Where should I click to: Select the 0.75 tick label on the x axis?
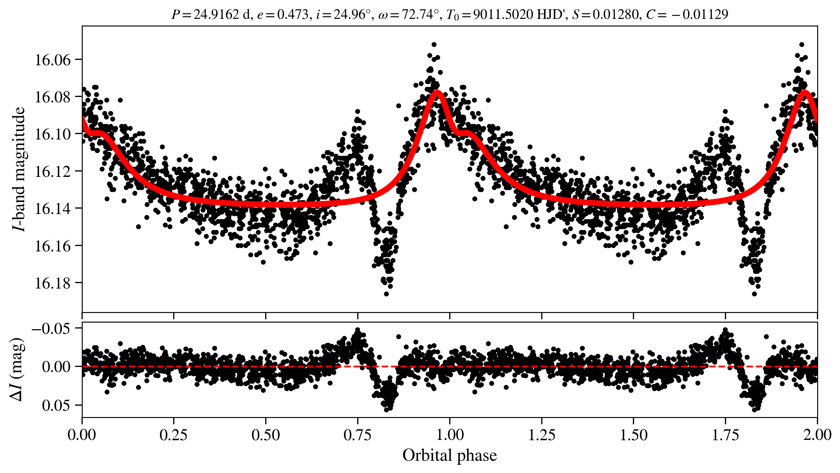tap(357, 435)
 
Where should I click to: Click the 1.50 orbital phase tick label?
tap(633, 435)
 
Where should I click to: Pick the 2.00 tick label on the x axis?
tap(817, 435)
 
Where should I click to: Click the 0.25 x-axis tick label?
tap(173, 435)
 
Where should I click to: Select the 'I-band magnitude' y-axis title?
tap(19, 169)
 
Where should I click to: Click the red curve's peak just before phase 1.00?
tap(438, 93)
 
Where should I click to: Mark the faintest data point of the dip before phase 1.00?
tap(386, 294)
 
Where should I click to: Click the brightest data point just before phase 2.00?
tap(802, 44)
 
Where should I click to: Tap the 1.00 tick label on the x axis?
tap(449, 435)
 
